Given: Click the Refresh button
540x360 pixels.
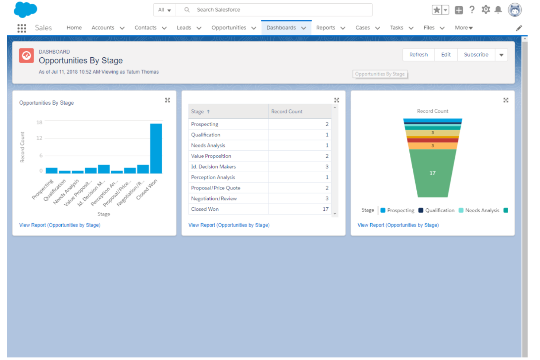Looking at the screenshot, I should pyautogui.click(x=418, y=55).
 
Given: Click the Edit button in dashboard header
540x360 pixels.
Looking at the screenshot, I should pyautogui.click(x=445, y=55).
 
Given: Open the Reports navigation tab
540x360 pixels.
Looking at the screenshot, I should pyautogui.click(x=325, y=28).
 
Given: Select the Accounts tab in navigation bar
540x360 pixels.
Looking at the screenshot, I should pyautogui.click(x=103, y=28).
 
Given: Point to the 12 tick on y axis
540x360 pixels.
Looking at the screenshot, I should pyautogui.click(x=39, y=138).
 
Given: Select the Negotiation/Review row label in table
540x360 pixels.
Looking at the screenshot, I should pyautogui.click(x=214, y=199).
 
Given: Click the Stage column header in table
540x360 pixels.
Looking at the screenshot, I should pyautogui.click(x=198, y=112).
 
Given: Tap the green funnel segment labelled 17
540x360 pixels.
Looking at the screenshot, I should pyautogui.click(x=432, y=173).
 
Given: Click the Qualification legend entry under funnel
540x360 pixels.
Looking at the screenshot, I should pyautogui.click(x=439, y=210).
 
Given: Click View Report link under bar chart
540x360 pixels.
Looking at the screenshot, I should pyautogui.click(x=60, y=225).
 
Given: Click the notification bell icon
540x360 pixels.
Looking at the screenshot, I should pyautogui.click(x=498, y=10).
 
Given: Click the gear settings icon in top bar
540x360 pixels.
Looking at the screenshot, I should pyautogui.click(x=485, y=10).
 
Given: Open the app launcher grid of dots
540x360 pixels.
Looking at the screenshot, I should pyautogui.click(x=22, y=28).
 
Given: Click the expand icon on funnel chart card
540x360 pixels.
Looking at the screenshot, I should pyautogui.click(x=506, y=100).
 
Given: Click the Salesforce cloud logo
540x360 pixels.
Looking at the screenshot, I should pyautogui.click(x=25, y=10).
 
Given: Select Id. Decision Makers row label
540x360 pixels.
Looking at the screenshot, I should pyautogui.click(x=213, y=167).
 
